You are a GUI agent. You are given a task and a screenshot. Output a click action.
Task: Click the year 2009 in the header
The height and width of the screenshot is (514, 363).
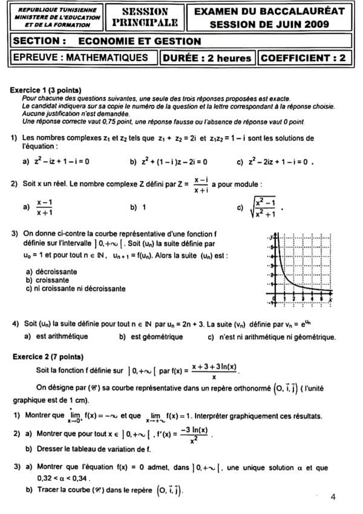click(317, 25)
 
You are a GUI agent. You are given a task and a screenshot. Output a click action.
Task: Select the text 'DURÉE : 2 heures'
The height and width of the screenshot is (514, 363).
click(208, 58)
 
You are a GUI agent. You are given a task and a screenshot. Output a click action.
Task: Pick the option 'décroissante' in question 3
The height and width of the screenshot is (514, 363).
click(56, 272)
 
